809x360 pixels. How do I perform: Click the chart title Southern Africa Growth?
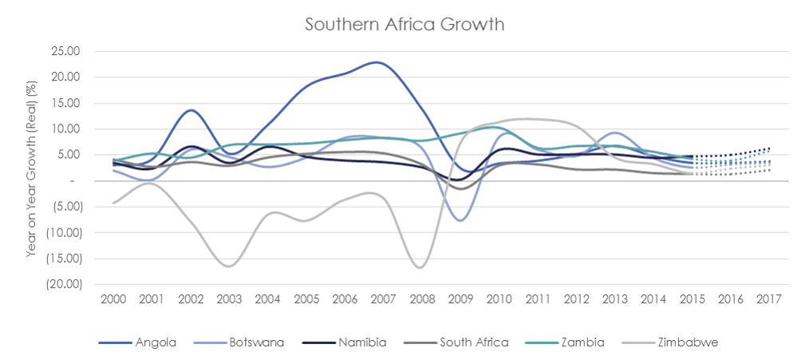(x=404, y=24)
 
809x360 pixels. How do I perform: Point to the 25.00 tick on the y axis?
(x=69, y=51)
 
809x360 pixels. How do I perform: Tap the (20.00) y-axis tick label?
(x=66, y=284)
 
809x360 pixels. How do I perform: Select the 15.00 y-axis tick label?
(x=69, y=103)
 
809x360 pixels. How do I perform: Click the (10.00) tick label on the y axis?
(x=66, y=232)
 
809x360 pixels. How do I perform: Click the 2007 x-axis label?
(x=383, y=299)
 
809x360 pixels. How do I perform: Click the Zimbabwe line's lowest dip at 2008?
(x=420, y=267)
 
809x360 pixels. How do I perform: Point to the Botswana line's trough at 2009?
(x=460, y=220)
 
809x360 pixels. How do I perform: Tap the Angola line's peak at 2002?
(x=191, y=110)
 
